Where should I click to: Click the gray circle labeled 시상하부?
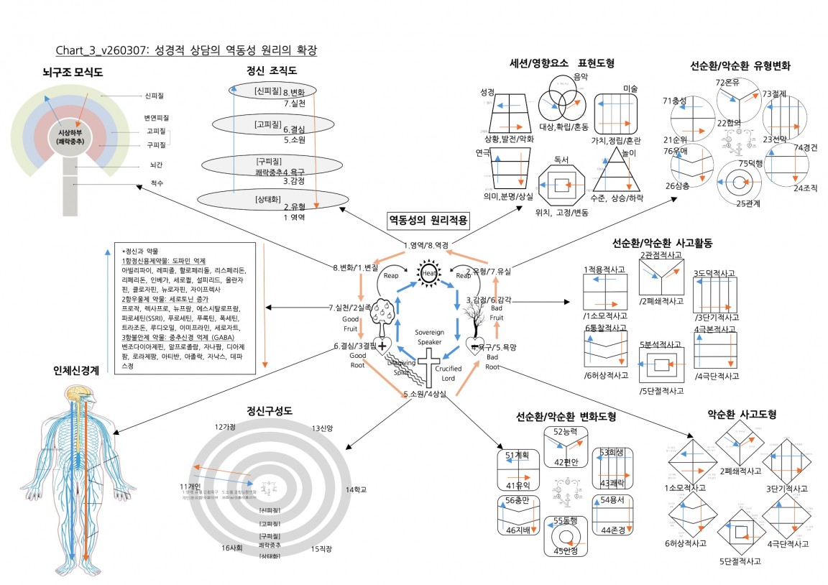[x=70, y=137]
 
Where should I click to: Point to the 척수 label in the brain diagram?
[x=157, y=183]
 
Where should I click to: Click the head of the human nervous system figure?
[x=75, y=395]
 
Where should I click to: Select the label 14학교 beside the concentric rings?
[x=355, y=489]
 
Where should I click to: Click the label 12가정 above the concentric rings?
[x=225, y=427]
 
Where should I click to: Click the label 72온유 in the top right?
[x=727, y=82]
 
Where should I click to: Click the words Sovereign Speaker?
[x=430, y=337]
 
